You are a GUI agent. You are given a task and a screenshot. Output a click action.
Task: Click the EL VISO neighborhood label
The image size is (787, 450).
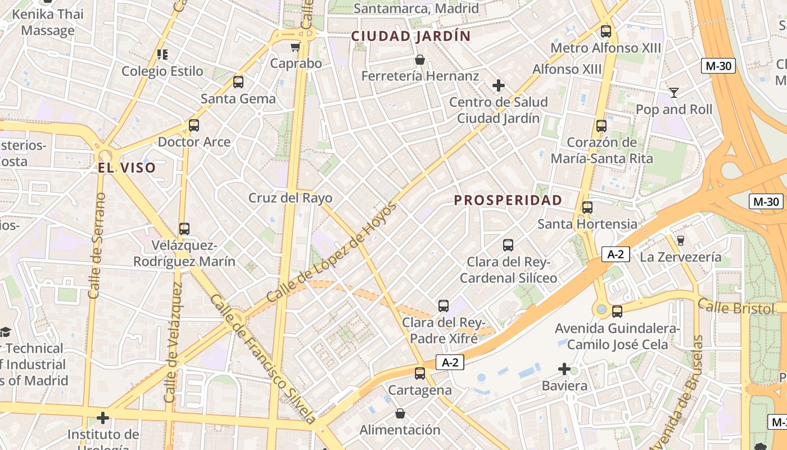[126, 168]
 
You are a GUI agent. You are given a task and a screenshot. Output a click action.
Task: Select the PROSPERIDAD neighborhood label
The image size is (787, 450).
[508, 200]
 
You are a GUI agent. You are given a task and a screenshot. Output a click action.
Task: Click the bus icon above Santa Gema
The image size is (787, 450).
[238, 82]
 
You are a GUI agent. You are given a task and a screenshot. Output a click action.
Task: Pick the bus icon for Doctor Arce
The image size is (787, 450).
[194, 125]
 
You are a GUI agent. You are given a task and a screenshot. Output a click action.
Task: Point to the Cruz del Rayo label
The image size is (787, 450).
[290, 198]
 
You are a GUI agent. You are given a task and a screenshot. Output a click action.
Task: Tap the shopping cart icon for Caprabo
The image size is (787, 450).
[296, 47]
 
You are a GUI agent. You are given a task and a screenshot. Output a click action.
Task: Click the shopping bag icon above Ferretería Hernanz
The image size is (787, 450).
[420, 60]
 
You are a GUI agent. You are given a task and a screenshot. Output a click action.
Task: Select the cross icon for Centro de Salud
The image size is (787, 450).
[499, 85]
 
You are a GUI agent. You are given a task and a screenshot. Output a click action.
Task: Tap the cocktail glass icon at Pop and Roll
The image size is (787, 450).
[674, 93]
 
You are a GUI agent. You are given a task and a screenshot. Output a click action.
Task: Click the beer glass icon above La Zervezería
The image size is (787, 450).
[681, 241]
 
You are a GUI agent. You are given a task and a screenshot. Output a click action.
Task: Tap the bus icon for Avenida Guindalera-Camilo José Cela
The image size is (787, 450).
[617, 311]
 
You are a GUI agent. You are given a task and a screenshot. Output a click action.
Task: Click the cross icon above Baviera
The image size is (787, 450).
[564, 369]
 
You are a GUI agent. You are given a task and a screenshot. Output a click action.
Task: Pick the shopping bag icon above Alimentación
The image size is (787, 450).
[400, 413]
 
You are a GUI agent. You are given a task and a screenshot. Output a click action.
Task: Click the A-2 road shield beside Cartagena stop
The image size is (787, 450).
[450, 363]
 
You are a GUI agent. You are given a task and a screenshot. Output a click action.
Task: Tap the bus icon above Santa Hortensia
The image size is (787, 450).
[587, 208]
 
